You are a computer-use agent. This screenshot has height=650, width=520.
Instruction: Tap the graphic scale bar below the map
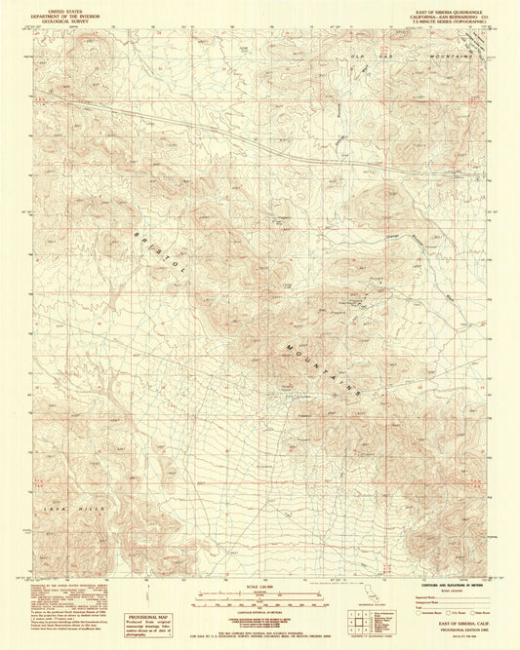click(x=256, y=595)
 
